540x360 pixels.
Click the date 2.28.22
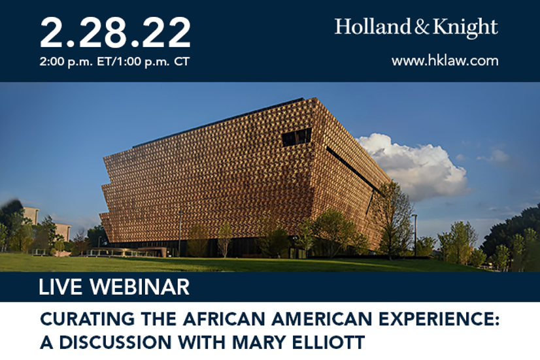tap(115, 33)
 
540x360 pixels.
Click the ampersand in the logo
tap(422, 27)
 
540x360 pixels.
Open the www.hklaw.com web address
tap(445, 61)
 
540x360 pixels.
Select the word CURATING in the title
tap(88, 319)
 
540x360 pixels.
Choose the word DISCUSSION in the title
tap(115, 342)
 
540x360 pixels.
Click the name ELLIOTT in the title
tap(328, 342)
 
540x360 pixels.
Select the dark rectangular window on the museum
tap(297, 137)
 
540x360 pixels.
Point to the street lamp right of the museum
tap(414, 235)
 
